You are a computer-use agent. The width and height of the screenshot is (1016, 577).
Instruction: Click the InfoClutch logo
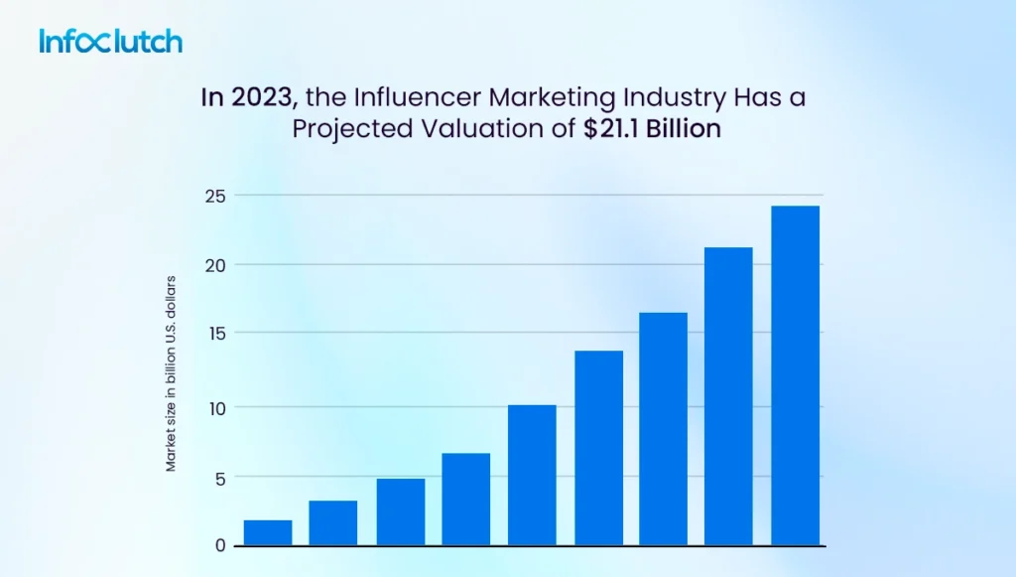(110, 41)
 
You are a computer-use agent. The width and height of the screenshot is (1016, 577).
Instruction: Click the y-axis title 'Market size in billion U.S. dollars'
(171, 372)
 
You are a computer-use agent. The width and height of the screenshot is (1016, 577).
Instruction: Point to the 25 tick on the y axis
(215, 196)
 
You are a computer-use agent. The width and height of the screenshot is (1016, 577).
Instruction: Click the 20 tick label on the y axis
(215, 265)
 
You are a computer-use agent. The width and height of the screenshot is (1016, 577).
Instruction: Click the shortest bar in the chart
(268, 533)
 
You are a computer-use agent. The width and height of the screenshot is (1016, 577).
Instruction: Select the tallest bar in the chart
(795, 375)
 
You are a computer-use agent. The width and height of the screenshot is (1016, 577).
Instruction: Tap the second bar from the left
(333, 523)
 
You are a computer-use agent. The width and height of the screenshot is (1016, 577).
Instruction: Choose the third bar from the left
(400, 512)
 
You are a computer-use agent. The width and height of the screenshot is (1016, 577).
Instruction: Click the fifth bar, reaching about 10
(532, 476)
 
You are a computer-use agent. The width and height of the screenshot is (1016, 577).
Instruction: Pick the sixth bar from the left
(598, 448)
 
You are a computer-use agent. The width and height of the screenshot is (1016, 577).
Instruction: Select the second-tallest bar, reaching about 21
(728, 396)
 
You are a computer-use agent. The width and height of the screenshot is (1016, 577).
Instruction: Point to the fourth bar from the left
(465, 500)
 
